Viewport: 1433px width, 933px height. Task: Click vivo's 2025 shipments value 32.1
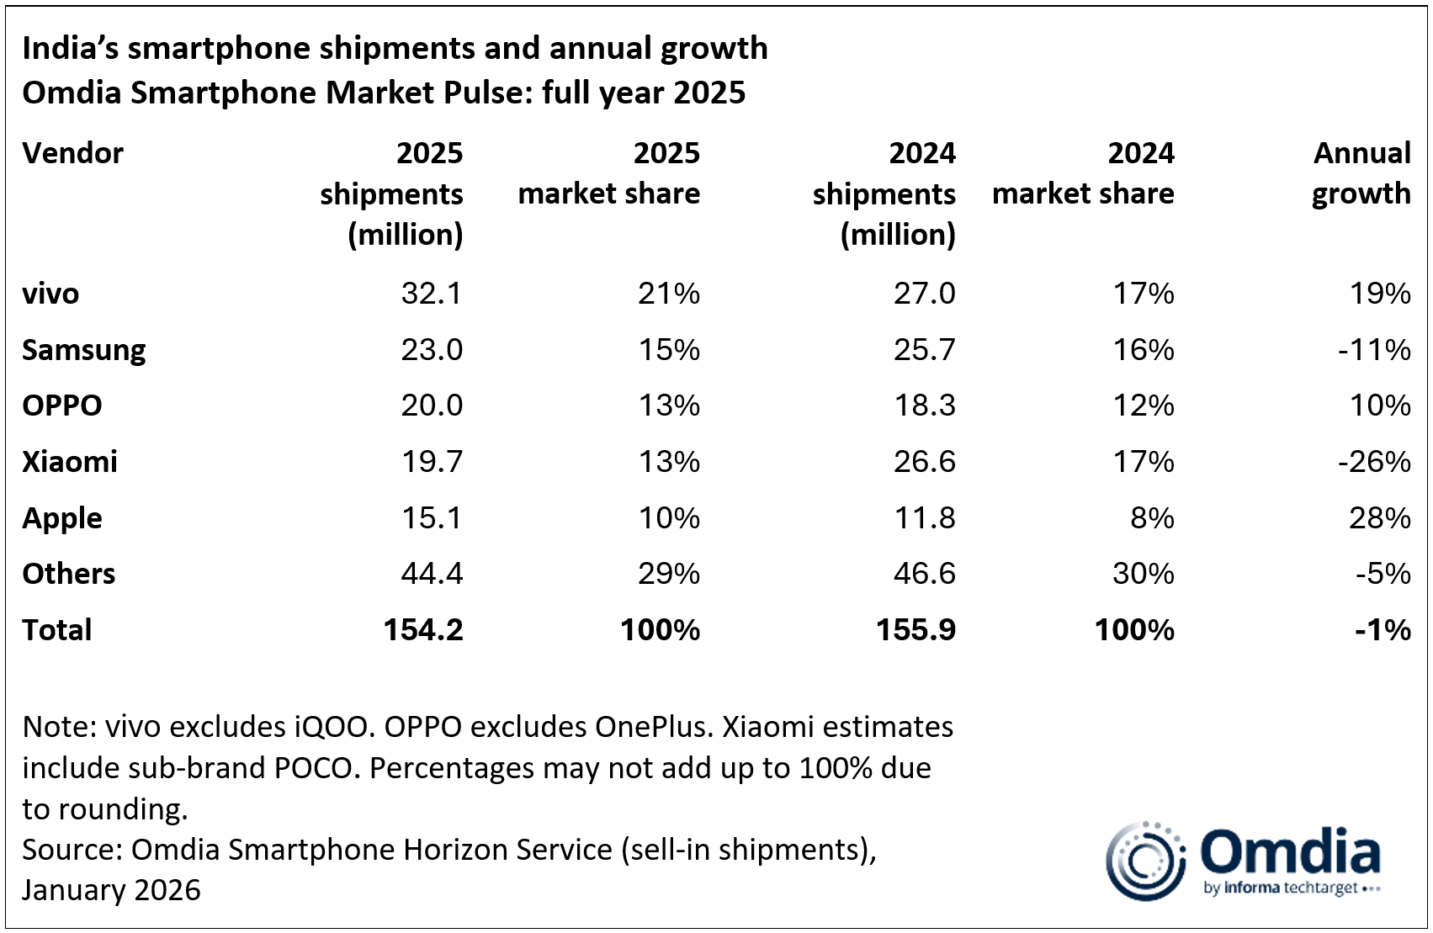(432, 294)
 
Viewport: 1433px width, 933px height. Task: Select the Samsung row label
(84, 350)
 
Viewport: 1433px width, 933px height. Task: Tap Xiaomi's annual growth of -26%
(1374, 462)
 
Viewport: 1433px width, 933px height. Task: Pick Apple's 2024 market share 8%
(1152, 518)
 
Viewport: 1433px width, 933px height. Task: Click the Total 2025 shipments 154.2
(423, 630)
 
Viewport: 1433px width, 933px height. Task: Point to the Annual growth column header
(1361, 173)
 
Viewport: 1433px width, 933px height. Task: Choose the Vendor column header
(73, 153)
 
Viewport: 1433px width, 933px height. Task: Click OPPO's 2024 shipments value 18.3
(924, 406)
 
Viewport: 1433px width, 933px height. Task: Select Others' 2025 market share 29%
(669, 574)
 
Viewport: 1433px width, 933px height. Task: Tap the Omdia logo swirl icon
(1145, 861)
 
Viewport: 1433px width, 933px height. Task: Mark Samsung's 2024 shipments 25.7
(924, 350)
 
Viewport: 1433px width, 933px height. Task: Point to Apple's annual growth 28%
(1379, 518)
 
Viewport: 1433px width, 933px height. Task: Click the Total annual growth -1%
(1383, 630)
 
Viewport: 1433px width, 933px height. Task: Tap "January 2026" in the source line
(112, 890)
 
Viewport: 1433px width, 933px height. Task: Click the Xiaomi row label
(70, 462)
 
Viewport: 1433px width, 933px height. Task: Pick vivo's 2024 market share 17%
(1144, 294)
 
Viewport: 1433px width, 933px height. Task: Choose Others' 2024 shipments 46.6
(924, 574)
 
